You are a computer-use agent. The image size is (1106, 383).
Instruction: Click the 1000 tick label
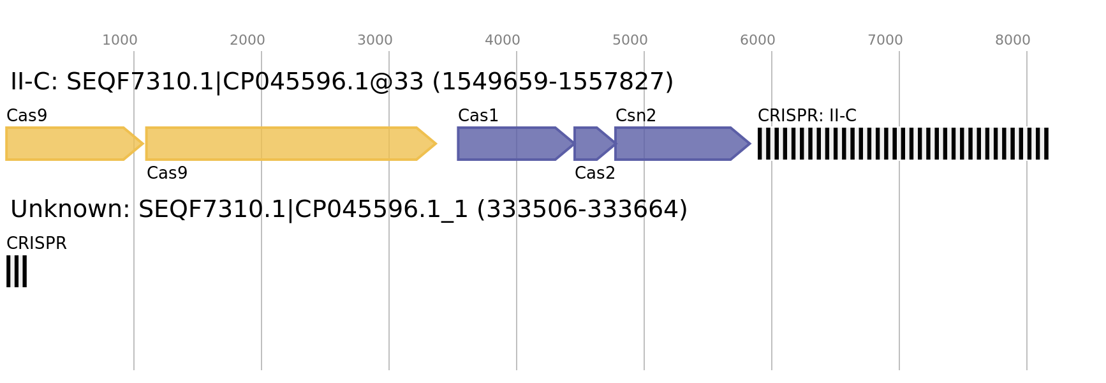(120, 40)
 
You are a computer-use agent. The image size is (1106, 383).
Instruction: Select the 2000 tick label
(247, 40)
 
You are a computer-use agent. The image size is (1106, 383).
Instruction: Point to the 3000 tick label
(375, 40)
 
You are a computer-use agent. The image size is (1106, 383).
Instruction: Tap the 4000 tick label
(503, 40)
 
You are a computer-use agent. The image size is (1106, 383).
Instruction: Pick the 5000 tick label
(630, 40)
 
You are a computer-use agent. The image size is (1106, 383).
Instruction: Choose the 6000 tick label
(758, 40)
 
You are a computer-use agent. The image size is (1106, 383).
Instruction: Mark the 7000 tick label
(885, 40)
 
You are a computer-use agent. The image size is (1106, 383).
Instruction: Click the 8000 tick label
(1013, 40)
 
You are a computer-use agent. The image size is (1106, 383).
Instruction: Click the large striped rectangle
(903, 144)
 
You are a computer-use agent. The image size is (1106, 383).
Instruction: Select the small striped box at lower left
(17, 271)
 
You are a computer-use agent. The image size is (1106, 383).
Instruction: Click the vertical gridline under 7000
(899, 255)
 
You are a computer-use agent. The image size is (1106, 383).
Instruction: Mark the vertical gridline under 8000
(1027, 255)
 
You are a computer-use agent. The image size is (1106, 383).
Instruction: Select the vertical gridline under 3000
(389, 255)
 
